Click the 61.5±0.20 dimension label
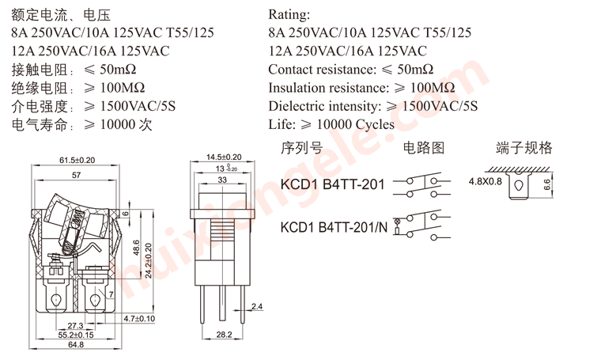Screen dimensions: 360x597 pyautogui.click(x=77, y=160)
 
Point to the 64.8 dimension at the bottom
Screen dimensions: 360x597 pyautogui.click(x=76, y=345)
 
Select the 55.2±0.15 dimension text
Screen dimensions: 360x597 pyautogui.click(x=76, y=335)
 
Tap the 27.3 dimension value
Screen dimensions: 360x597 pyautogui.click(x=76, y=326)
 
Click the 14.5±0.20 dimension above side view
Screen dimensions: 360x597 pyautogui.click(x=223, y=157)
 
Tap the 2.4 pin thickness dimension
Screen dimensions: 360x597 pyautogui.click(x=257, y=306)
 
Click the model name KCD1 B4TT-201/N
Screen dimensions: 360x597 pyautogui.click(x=334, y=227)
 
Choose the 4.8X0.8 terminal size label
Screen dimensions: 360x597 pyautogui.click(x=485, y=181)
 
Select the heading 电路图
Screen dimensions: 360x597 pyautogui.click(x=424, y=148)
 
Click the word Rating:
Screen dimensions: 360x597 pyautogui.click(x=289, y=15)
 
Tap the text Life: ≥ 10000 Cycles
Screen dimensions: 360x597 pyautogui.click(x=331, y=124)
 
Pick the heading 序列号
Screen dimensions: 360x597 pyautogui.click(x=302, y=148)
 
